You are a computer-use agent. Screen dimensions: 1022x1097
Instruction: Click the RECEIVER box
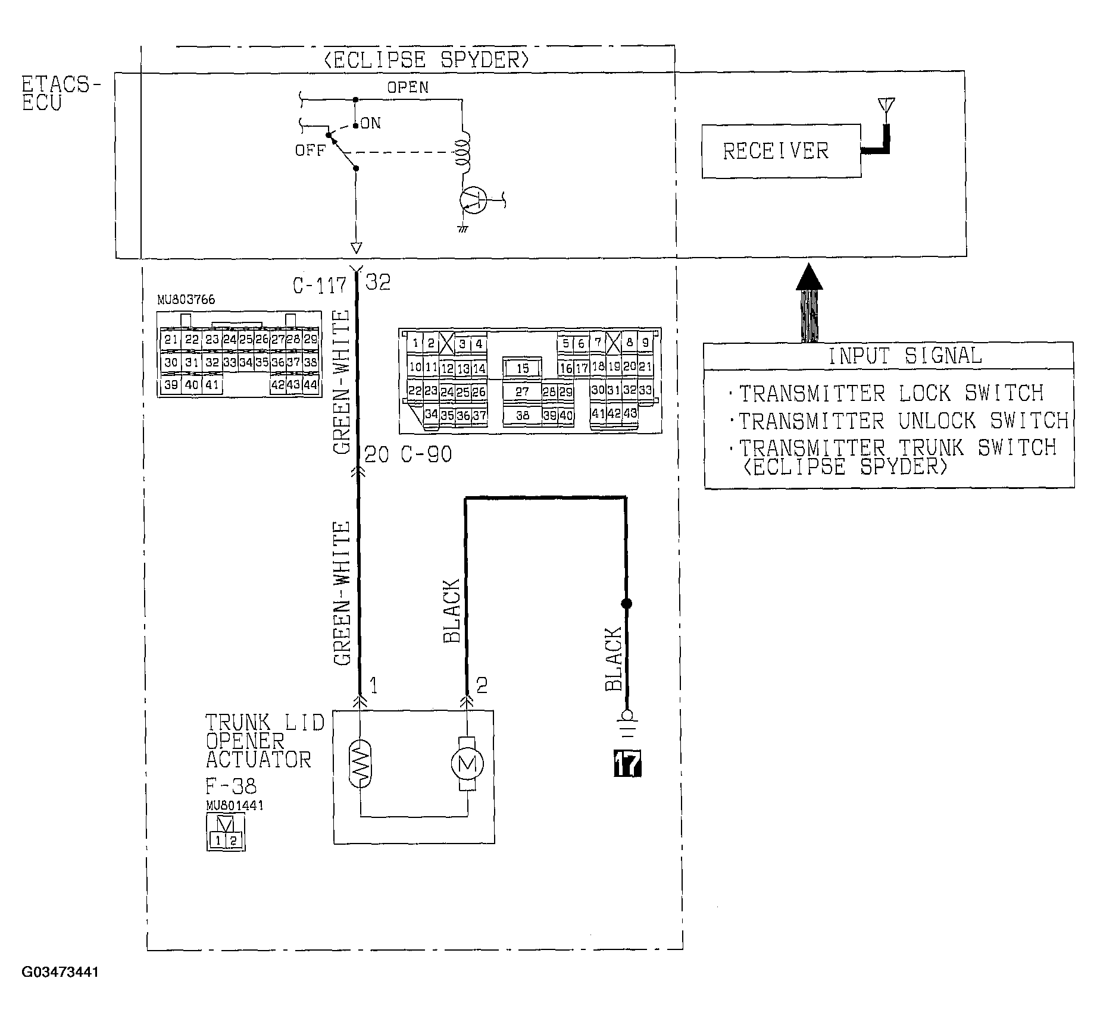pyautogui.click(x=780, y=151)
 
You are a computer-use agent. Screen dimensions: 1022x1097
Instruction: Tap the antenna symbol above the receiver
pyautogui.click(x=886, y=107)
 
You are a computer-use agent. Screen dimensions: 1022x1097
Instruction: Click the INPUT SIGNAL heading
pyautogui.click(x=905, y=356)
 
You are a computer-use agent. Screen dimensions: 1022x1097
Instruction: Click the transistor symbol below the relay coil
pyautogui.click(x=474, y=200)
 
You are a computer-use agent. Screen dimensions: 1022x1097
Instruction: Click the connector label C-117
pyautogui.click(x=319, y=286)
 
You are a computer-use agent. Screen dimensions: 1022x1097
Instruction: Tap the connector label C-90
pyautogui.click(x=426, y=455)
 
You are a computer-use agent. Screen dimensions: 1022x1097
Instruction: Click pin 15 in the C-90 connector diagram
pyautogui.click(x=522, y=368)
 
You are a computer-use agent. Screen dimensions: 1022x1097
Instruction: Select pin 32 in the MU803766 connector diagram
pyautogui.click(x=212, y=362)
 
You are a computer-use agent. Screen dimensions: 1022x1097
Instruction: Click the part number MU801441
pyautogui.click(x=235, y=805)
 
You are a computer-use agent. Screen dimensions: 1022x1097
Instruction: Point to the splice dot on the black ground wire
pyautogui.click(x=626, y=603)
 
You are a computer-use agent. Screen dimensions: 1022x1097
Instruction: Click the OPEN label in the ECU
pyautogui.click(x=408, y=87)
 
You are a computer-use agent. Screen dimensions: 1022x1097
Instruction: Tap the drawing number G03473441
pyautogui.click(x=60, y=972)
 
